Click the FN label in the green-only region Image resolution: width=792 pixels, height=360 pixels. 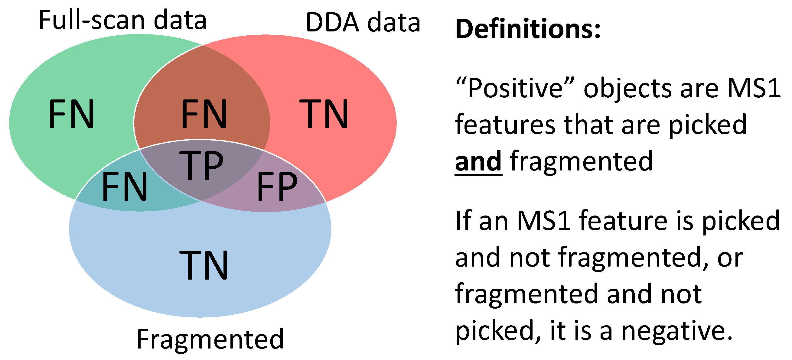pos(71,114)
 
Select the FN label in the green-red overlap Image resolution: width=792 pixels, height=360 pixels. pos(204,114)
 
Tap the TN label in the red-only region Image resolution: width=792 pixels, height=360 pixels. pos(324,114)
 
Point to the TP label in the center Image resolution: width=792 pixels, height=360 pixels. pos(201,165)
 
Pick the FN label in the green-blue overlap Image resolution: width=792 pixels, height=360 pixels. pos(125,186)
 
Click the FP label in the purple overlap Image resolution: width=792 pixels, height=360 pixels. pos(277,186)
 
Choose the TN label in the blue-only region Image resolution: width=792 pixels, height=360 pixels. pos(204,265)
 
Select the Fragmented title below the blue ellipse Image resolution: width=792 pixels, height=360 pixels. pos(210,340)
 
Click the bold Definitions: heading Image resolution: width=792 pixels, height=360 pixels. pos(528,29)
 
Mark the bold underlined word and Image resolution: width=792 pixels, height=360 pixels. pos(478,161)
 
